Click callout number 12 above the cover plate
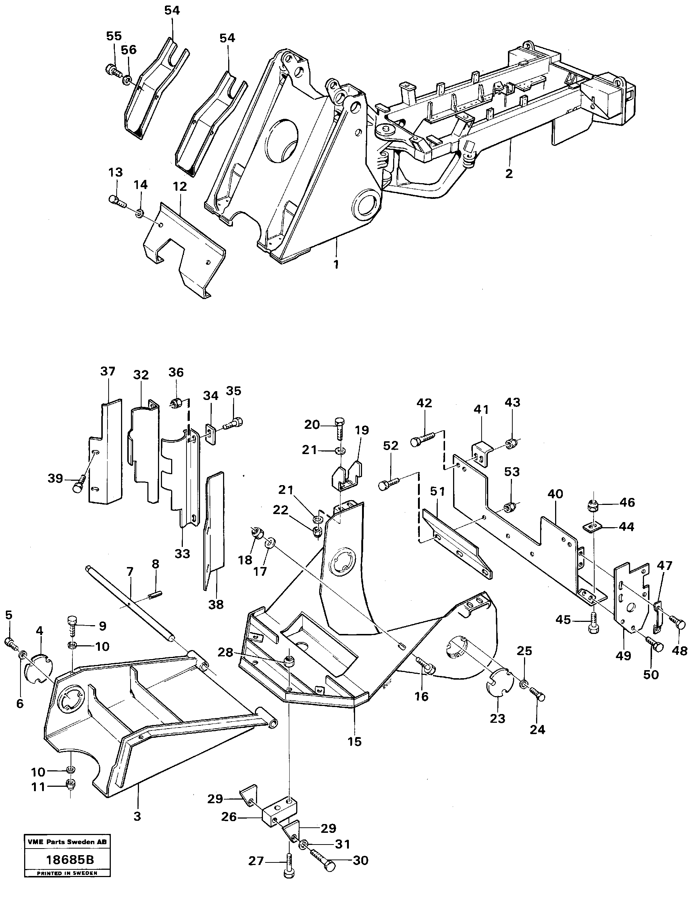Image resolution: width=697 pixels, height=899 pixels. click(x=180, y=186)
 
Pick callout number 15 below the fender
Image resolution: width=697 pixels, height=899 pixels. click(x=354, y=741)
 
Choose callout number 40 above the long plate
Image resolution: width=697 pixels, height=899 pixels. click(x=555, y=494)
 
